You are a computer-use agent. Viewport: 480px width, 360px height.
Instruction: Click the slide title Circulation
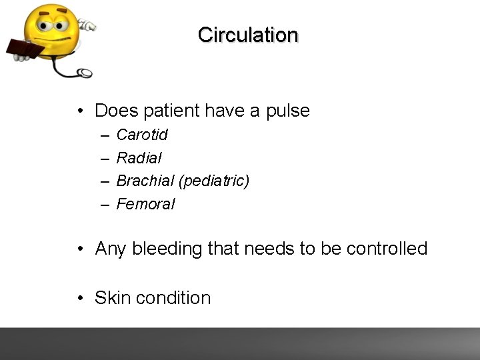248,35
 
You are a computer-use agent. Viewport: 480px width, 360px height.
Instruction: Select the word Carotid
142,135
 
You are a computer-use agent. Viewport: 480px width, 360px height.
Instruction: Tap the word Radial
139,159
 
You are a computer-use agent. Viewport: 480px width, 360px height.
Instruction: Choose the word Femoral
145,205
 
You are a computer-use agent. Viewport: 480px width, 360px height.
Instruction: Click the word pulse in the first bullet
287,111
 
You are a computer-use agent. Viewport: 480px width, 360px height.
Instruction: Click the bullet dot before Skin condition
79,299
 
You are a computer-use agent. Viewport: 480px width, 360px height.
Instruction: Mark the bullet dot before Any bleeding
79,249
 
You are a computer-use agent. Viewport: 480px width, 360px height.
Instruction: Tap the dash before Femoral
105,205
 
